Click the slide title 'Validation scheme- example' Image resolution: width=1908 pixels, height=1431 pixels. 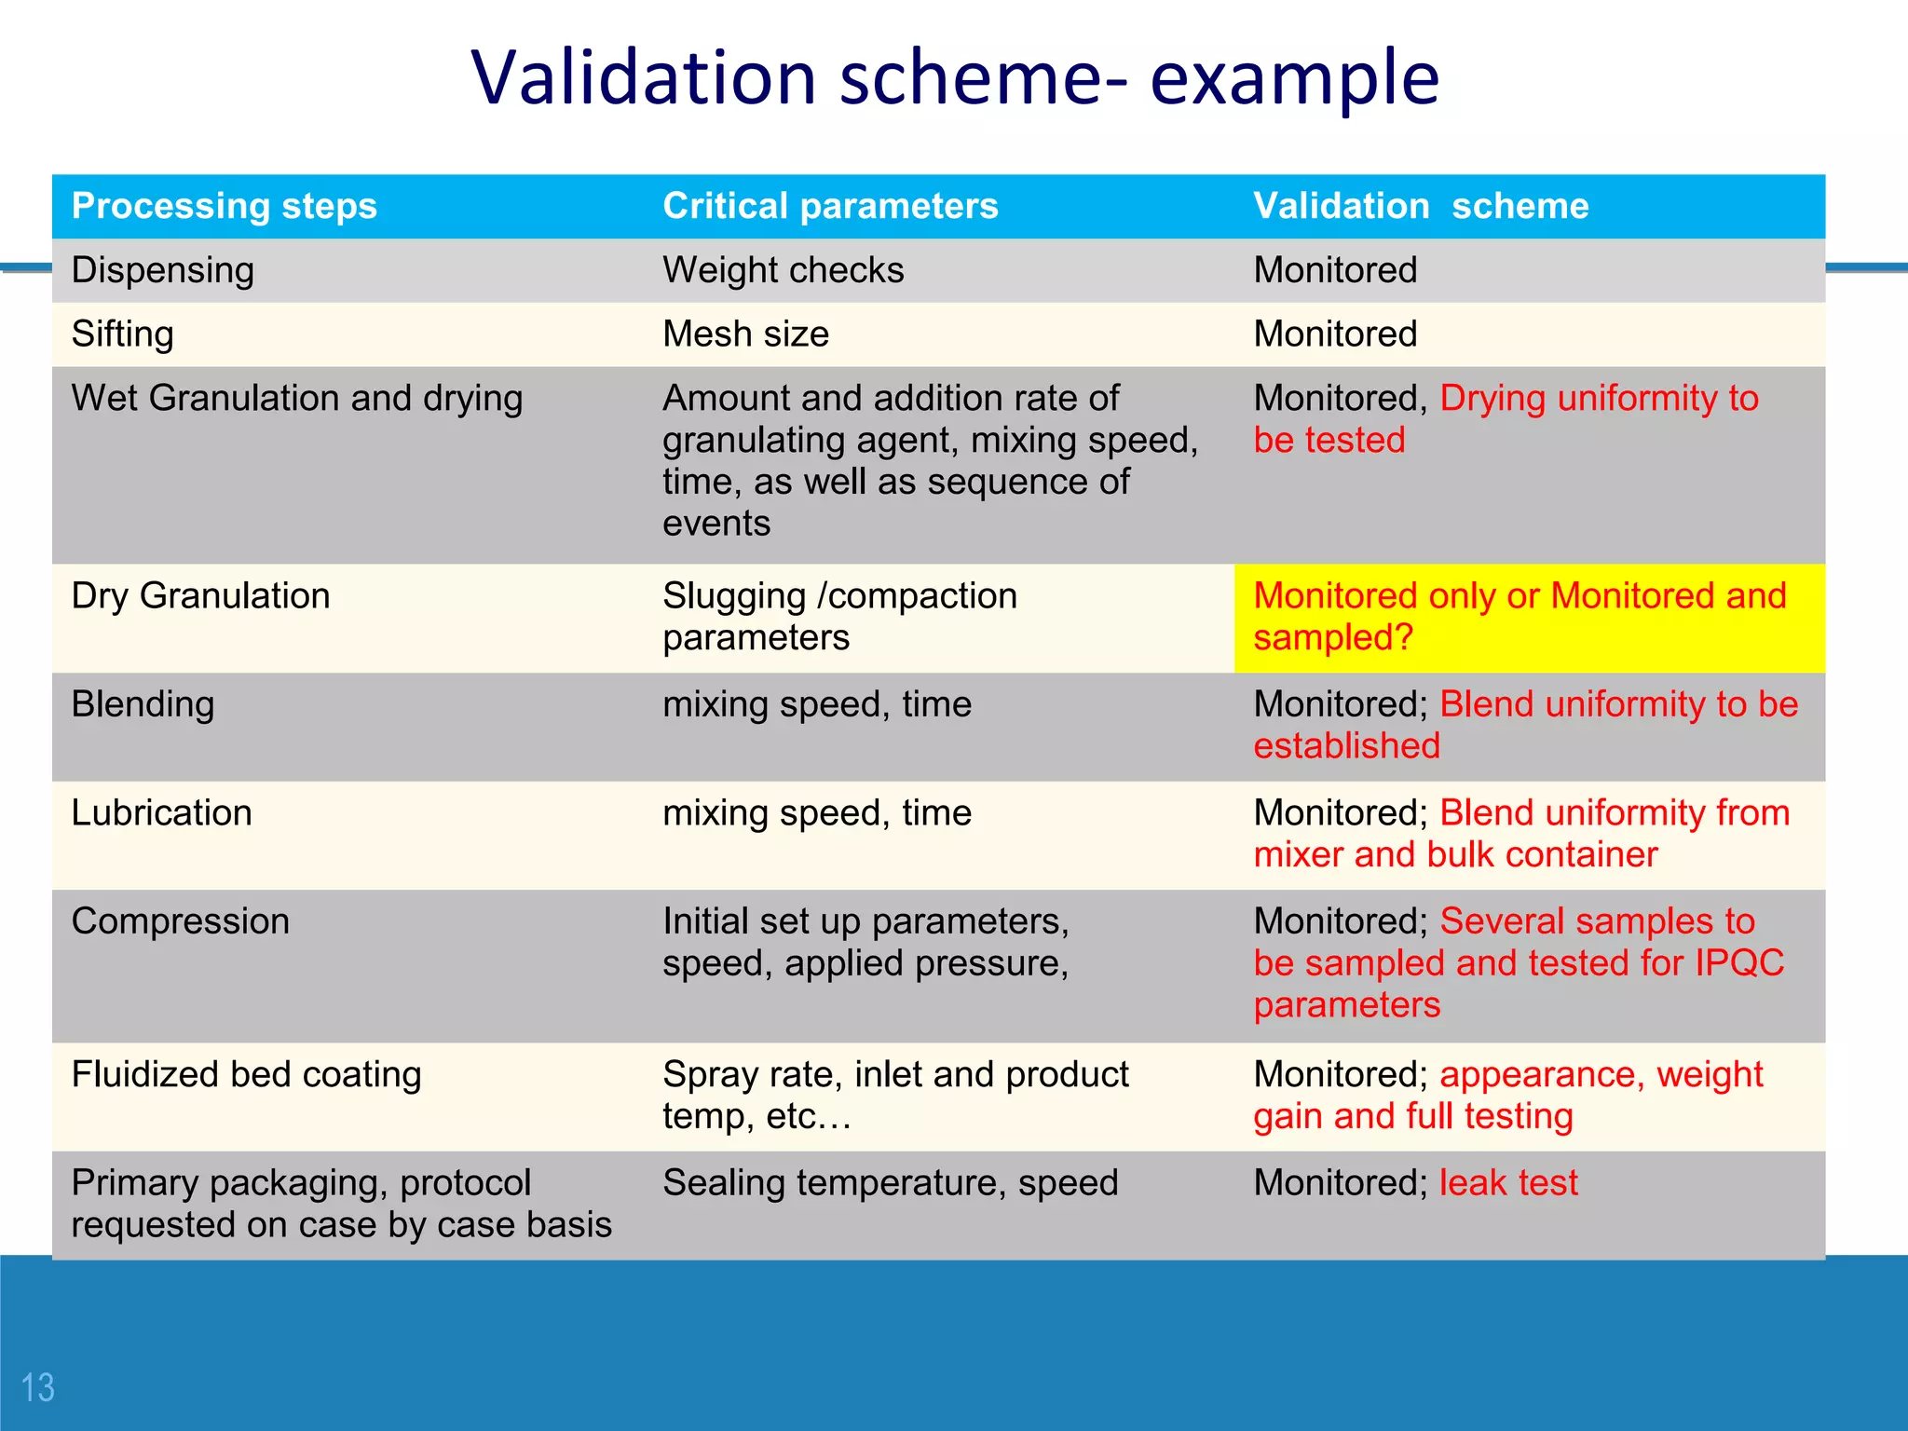point(954,78)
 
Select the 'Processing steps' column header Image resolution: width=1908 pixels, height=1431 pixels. point(224,206)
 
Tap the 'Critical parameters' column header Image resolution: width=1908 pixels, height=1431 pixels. point(829,206)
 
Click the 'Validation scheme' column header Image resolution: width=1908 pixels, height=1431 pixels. point(1421,206)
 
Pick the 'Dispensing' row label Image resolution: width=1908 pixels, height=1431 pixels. point(162,270)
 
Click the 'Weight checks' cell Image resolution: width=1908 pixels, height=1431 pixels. point(783,270)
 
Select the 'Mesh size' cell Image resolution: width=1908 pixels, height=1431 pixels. point(745,334)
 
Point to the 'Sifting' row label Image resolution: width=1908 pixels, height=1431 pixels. point(122,334)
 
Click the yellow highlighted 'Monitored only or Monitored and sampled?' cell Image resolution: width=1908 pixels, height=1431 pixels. point(1528,617)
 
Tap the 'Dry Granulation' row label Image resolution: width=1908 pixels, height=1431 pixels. point(200,596)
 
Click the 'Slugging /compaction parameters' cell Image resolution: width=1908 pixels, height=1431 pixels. point(838,617)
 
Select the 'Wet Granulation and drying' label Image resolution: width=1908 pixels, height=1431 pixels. point(296,398)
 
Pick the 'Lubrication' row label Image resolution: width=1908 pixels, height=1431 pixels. point(161,813)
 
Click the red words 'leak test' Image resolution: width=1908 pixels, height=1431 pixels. point(1508,1183)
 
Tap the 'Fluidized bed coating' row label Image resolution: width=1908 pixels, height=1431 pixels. point(246,1074)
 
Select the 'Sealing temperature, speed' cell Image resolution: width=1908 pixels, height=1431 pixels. point(890,1183)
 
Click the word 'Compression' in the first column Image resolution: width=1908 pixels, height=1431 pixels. point(180,921)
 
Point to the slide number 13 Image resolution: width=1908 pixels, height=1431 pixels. point(37,1388)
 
